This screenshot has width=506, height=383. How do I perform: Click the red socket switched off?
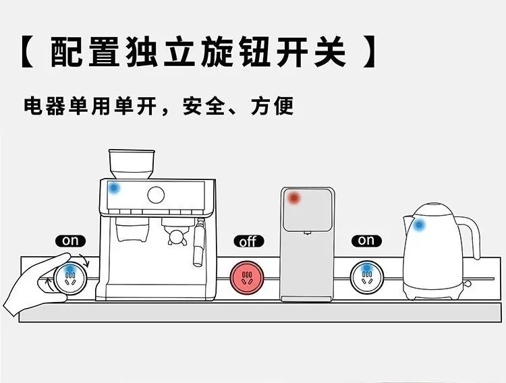(x=247, y=278)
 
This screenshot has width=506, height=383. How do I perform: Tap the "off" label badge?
(x=248, y=241)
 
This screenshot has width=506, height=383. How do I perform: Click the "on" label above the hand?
(x=70, y=241)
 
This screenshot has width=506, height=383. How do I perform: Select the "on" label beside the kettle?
(x=366, y=241)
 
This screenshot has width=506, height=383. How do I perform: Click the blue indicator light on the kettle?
(x=418, y=225)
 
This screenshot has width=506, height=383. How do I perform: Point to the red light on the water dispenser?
(x=293, y=198)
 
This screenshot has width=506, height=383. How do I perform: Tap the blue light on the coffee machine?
(x=113, y=187)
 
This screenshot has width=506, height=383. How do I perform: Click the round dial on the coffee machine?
(x=156, y=195)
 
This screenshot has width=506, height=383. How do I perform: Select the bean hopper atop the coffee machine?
(x=132, y=164)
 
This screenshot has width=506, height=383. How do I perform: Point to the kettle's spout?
(x=407, y=225)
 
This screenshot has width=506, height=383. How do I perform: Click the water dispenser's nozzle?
(x=307, y=233)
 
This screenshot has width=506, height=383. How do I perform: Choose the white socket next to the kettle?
(x=367, y=277)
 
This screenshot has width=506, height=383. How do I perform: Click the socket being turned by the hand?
(x=70, y=278)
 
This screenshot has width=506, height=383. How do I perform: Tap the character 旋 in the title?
(x=217, y=52)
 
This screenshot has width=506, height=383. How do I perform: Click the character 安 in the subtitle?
(x=193, y=106)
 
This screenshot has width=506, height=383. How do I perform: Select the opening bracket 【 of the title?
(x=28, y=52)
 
